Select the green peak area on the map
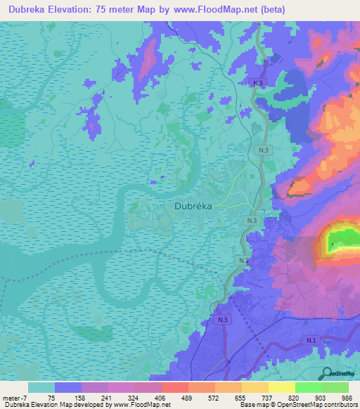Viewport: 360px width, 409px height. point(342,241)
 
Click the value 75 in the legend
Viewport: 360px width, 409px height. point(51,398)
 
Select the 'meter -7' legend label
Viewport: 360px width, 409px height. point(15,398)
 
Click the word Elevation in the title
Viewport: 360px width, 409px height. point(74,10)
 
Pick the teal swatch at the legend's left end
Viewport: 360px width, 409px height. point(41,387)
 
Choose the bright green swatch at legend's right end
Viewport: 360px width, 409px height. point(335,387)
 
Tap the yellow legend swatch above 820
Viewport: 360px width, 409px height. point(282,387)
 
